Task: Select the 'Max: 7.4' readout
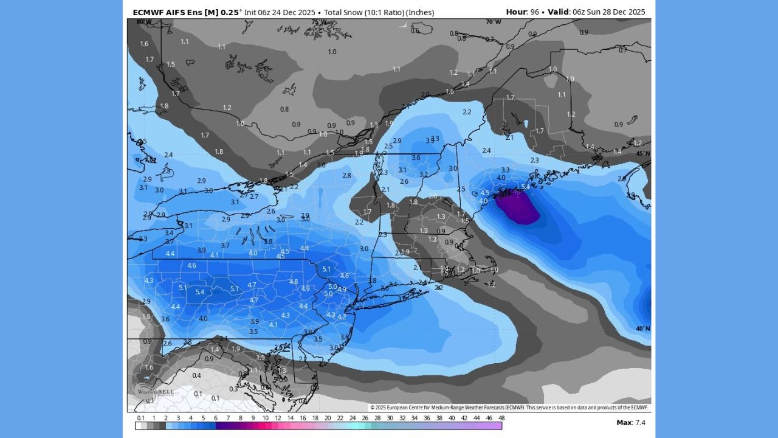pyautogui.click(x=631, y=422)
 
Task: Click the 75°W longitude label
pyautogui.click(x=318, y=22)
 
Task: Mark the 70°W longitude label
pyautogui.click(x=493, y=22)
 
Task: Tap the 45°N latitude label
pyautogui.click(x=642, y=153)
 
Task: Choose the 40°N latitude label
pyautogui.click(x=642, y=328)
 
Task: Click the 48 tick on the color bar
pyautogui.click(x=501, y=418)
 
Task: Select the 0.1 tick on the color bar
pyautogui.click(x=140, y=418)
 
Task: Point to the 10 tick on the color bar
pyautogui.click(x=265, y=418)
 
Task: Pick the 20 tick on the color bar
pyautogui.click(x=328, y=418)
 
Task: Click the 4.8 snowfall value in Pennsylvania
pyautogui.click(x=294, y=282)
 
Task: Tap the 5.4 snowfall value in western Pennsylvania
pyautogui.click(x=199, y=292)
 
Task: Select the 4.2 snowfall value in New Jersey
pyautogui.click(x=342, y=317)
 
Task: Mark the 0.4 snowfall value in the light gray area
pyautogui.click(x=196, y=375)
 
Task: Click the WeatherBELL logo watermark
pyautogui.click(x=148, y=390)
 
